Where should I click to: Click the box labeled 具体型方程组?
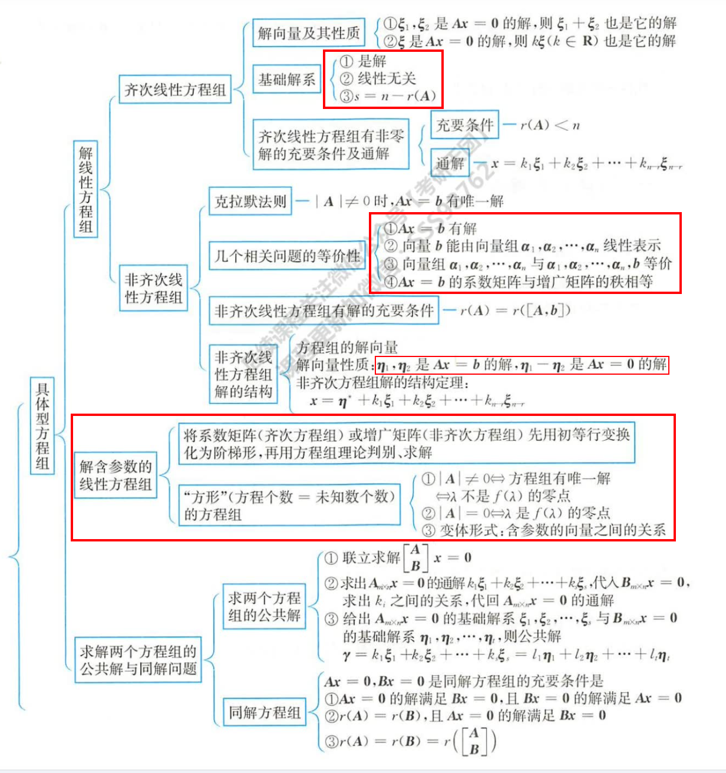[x=42, y=426]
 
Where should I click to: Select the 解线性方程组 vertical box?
[x=85, y=189]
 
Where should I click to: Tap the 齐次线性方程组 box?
[x=174, y=90]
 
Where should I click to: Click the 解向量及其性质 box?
[x=309, y=33]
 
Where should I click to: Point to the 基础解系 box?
[x=287, y=79]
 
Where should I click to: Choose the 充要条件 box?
[x=464, y=125]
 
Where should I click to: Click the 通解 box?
[x=450, y=163]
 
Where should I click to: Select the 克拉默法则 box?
[x=250, y=201]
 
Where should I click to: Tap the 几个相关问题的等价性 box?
[x=287, y=256]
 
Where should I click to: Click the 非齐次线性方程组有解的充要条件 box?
[x=324, y=310]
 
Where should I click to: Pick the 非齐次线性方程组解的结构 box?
[x=243, y=374]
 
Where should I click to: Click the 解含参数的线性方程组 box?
[x=115, y=475]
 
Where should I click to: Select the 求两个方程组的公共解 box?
[x=264, y=607]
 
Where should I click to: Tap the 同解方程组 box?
[x=265, y=713]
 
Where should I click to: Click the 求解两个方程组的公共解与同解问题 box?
[x=138, y=660]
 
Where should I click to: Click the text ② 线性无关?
[x=378, y=78]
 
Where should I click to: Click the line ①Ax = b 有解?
[x=431, y=229]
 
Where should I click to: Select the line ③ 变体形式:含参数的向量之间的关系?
[x=544, y=530]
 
